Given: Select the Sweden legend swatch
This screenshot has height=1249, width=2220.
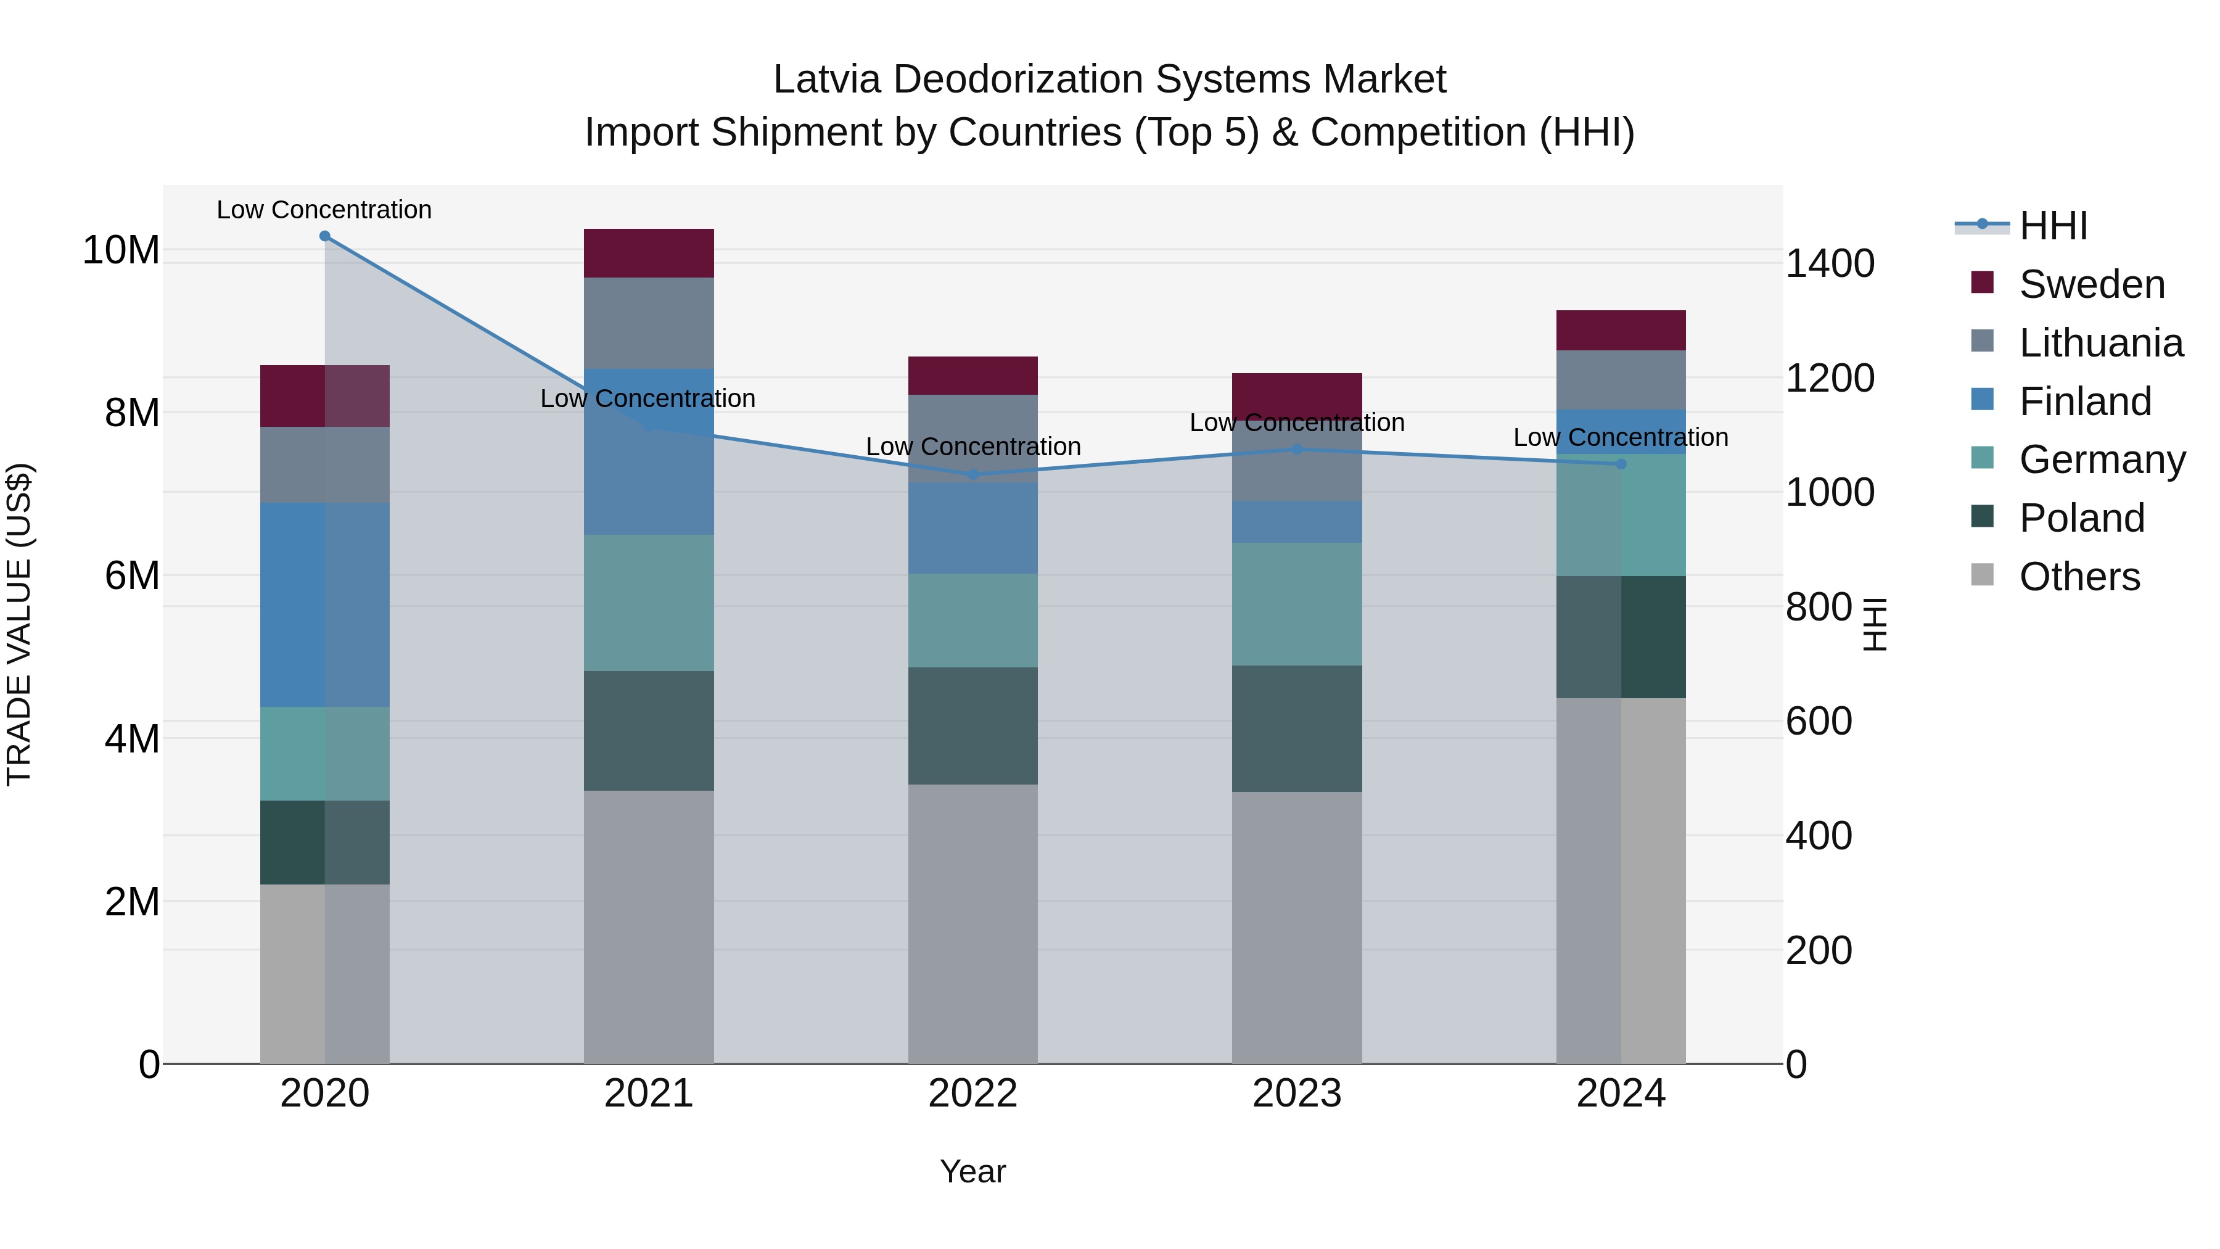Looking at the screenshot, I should tap(1982, 282).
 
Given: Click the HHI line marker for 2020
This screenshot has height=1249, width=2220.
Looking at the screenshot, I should tap(325, 236).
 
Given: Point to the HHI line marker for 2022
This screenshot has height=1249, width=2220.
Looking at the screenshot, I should tap(973, 475).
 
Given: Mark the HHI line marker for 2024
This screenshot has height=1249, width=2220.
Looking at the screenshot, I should tap(1621, 464).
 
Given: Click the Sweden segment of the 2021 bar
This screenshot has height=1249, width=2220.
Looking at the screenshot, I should tap(649, 254).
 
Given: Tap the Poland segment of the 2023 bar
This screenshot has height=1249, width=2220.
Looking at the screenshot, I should tap(1297, 729).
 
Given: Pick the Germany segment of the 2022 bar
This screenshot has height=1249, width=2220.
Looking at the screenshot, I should tap(973, 620).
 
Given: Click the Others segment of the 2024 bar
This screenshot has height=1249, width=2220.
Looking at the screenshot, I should tap(1621, 881).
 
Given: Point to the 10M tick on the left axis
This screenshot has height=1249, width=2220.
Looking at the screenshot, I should tap(121, 251).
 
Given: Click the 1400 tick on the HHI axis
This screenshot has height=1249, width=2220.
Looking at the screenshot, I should tap(1829, 264).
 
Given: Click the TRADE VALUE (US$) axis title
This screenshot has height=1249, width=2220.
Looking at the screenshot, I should tap(20, 625).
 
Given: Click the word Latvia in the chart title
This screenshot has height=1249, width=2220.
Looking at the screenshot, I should tap(826, 80).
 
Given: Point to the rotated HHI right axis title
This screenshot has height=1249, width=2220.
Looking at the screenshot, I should tap(1875, 625).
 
